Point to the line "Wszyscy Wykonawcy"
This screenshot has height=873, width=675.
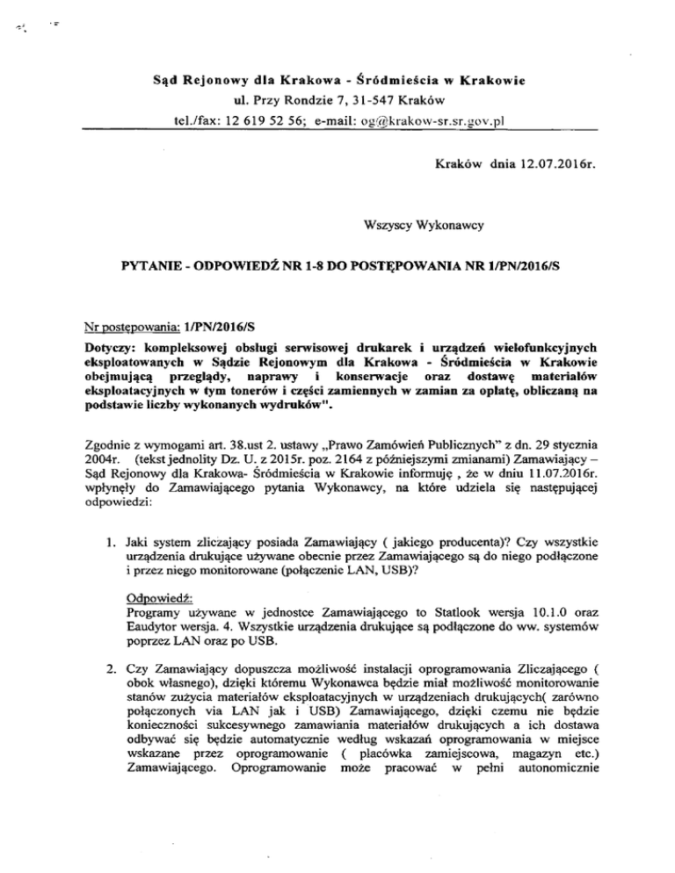pos(418,224)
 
